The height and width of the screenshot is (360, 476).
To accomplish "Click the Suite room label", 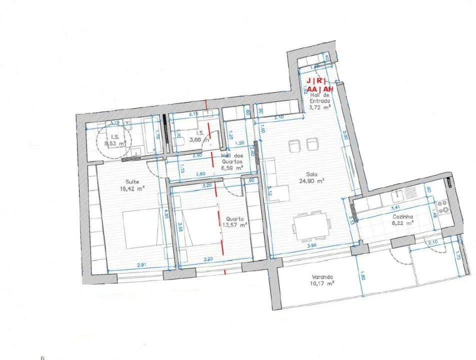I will [x=133, y=181].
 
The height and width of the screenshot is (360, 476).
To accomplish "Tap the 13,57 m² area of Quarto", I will [x=235, y=225].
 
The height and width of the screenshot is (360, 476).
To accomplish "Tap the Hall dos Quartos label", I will [x=232, y=158].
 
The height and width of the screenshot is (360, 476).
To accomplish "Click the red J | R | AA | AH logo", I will [x=316, y=85].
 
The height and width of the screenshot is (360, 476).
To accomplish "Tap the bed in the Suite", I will [x=141, y=229].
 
